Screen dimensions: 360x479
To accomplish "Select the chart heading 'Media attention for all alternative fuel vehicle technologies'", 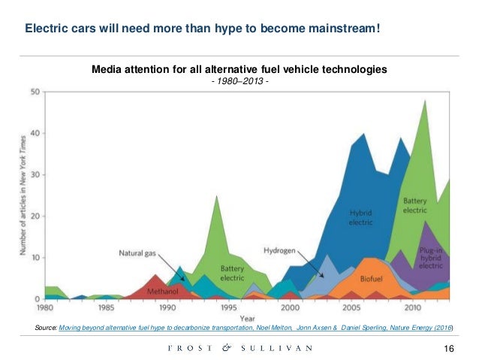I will pos(239,69).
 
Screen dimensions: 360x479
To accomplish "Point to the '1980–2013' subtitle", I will pos(239,81).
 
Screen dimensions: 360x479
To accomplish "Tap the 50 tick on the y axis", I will pos(35,92).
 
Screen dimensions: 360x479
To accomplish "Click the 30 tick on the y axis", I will pos(35,175).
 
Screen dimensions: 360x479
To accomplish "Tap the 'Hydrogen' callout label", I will pos(279,250).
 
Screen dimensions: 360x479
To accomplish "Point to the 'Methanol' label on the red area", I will pos(163,289).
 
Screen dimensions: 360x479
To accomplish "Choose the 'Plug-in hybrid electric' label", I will pos(431,258).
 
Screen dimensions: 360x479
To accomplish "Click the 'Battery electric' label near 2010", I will pos(415,205).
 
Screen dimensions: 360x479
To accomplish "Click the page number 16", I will pos(450,347).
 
